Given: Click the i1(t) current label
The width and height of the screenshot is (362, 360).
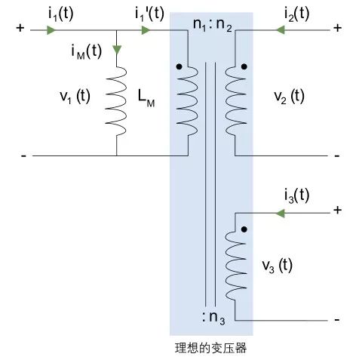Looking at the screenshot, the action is [60, 14].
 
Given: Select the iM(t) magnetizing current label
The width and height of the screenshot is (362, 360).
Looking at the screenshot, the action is [87, 51].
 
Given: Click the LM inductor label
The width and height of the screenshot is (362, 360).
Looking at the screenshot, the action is [146, 99].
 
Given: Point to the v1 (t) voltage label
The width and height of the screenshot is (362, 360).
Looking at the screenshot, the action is [75, 97].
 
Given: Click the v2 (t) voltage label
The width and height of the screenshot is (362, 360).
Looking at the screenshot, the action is [289, 97].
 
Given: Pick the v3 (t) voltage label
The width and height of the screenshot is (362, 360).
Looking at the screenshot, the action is [278, 266].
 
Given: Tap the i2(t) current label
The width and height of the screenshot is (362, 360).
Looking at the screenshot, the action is [296, 14].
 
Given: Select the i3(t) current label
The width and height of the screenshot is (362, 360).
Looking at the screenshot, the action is [296, 195].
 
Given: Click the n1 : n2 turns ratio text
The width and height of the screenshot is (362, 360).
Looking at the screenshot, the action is [213, 25].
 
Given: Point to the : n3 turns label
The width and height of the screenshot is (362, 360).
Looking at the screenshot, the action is [213, 318].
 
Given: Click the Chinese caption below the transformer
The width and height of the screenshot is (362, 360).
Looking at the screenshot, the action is [210, 348].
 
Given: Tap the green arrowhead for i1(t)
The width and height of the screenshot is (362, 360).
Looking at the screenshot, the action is [51, 30].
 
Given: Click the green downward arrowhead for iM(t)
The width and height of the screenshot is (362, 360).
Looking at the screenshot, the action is [117, 50].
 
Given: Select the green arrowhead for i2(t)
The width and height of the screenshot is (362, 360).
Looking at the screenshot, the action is [281, 30].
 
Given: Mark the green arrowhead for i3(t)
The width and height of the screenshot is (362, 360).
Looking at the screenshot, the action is [281, 214].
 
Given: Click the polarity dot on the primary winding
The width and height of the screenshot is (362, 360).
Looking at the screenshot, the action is [179, 66].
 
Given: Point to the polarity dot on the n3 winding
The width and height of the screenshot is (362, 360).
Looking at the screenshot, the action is [244, 229].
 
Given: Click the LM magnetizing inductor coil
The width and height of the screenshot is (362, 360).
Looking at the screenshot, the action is [116, 102].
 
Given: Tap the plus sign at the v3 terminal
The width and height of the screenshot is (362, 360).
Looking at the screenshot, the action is [337, 210].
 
